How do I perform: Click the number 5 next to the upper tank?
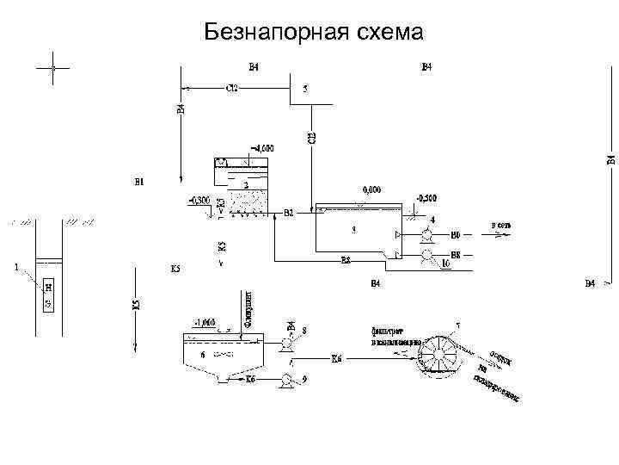[x=305, y=88]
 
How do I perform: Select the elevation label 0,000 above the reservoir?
[x=371, y=189]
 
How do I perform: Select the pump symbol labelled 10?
[x=426, y=255]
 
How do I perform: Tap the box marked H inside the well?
[x=49, y=288]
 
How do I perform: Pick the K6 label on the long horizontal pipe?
[x=336, y=358]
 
